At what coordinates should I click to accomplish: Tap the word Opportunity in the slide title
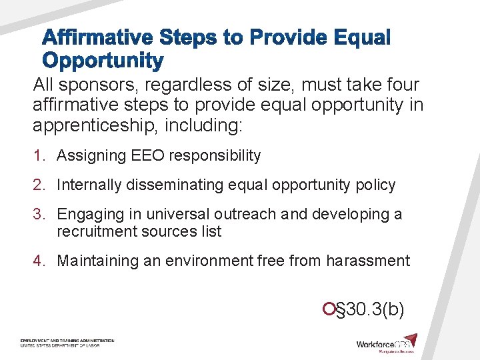(x=103, y=61)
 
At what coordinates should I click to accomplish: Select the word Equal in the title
(x=358, y=38)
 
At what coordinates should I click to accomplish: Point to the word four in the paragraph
(x=397, y=85)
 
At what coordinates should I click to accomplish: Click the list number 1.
(x=39, y=156)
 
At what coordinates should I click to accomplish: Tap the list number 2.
(x=39, y=185)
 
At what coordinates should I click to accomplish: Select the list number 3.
(x=39, y=215)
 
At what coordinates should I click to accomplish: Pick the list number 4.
(x=39, y=261)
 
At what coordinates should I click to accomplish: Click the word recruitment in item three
(x=97, y=232)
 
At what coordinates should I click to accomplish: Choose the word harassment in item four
(x=368, y=261)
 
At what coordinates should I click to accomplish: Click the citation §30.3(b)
(x=368, y=309)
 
